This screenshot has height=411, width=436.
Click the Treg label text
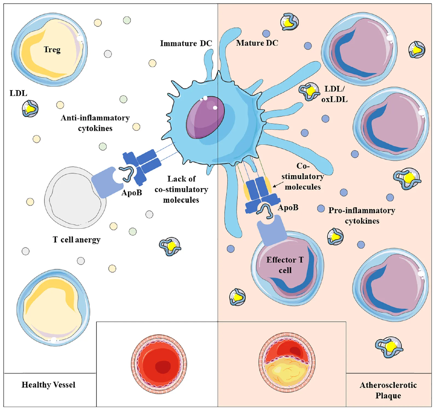coord(52,50)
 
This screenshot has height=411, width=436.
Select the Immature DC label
coord(186,43)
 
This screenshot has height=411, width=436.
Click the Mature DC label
coord(257,43)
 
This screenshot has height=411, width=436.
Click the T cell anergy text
coord(77,240)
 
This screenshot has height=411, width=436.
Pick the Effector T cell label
coord(285,265)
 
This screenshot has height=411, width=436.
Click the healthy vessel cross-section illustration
coord(159,364)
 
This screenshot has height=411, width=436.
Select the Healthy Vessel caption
coord(48,385)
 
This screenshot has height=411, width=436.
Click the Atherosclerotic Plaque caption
coord(388,390)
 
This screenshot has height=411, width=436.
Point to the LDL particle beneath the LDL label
coord(30,109)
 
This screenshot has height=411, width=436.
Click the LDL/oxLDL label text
coord(334,94)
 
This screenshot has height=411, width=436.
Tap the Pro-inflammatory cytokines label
coord(362,215)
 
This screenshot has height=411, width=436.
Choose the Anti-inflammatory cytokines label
coord(95,123)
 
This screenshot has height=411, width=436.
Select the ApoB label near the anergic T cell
coord(132,193)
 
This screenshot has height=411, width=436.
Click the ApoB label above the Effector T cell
coord(288,208)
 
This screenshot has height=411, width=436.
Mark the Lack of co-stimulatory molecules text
coord(181,189)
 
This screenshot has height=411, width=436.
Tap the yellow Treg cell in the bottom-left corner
coord(53,308)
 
